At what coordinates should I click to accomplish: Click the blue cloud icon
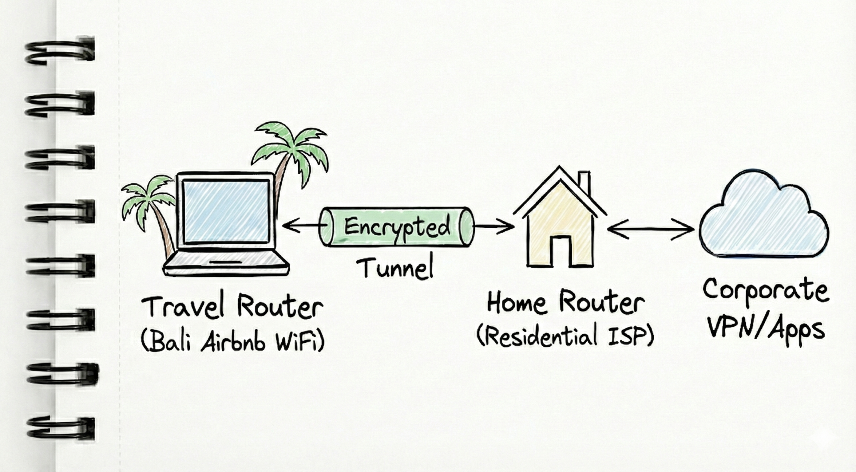tap(764, 219)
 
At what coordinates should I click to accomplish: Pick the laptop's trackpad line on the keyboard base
tap(226, 263)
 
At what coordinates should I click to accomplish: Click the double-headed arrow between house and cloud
tap(651, 229)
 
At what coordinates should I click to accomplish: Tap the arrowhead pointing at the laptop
tap(288, 226)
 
